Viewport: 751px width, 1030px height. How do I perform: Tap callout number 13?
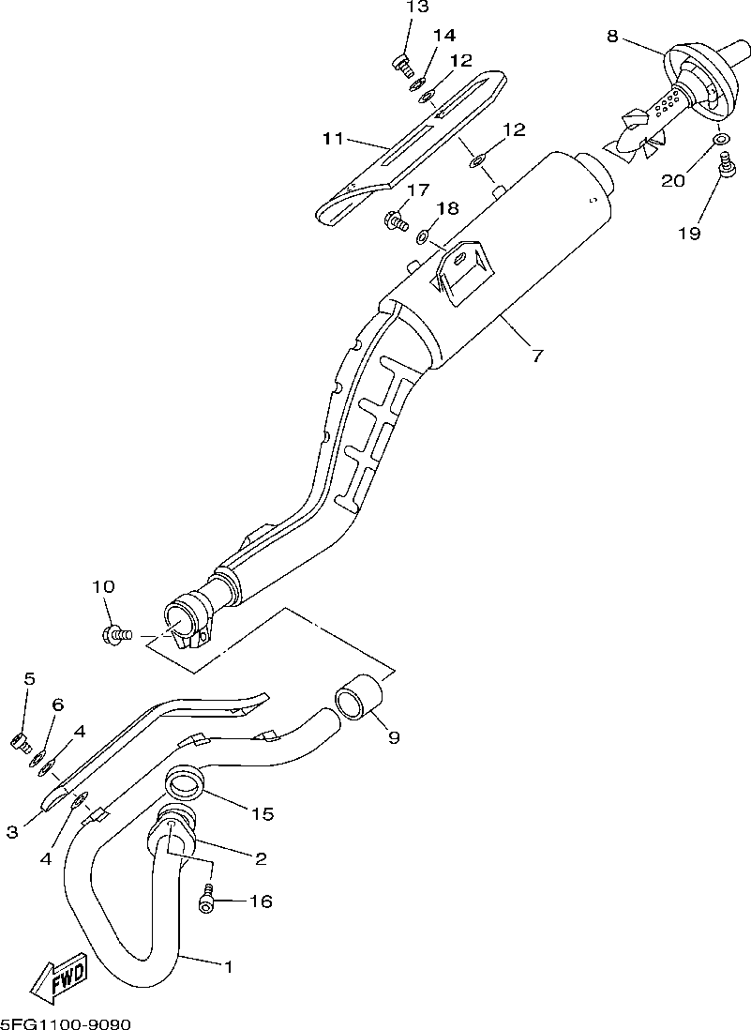tap(417, 8)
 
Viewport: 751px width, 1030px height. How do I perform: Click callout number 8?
tap(612, 37)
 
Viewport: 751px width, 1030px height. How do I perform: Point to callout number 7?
tap(536, 356)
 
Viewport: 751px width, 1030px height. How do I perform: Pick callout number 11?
tap(333, 140)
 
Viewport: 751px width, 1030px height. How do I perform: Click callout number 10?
tap(103, 587)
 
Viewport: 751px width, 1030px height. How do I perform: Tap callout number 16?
tap(260, 901)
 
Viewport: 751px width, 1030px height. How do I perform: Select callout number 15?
tap(263, 813)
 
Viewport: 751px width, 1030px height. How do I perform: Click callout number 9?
tap(394, 737)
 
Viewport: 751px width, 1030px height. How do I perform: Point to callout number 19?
tap(689, 234)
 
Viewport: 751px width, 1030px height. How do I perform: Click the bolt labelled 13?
tap(401, 65)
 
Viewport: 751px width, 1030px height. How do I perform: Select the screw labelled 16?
tap(206, 901)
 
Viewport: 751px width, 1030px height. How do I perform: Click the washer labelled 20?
tap(720, 141)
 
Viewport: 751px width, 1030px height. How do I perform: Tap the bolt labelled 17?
tap(398, 222)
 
